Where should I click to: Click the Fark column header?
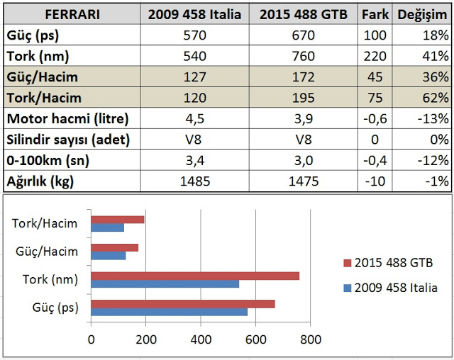(x=376, y=14)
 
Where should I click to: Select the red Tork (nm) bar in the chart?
(x=195, y=276)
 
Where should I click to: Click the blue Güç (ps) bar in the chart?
(x=169, y=310)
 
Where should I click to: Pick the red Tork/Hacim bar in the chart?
(x=117, y=220)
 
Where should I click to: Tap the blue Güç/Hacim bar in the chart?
(x=108, y=255)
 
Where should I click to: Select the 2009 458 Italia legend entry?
(x=391, y=288)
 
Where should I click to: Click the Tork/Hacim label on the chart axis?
(x=50, y=224)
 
